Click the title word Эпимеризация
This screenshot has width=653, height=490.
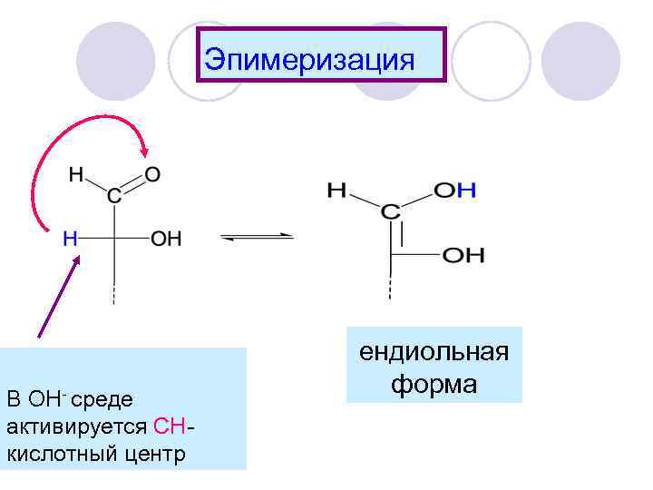click(309, 60)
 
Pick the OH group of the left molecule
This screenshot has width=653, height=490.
click(166, 240)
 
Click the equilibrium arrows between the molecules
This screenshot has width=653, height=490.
click(258, 238)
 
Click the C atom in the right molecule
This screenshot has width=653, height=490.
click(390, 212)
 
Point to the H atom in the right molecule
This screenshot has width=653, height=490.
click(336, 191)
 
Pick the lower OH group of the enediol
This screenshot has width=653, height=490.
click(463, 256)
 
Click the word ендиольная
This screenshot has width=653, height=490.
click(434, 351)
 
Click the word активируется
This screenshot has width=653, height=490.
click(78, 426)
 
